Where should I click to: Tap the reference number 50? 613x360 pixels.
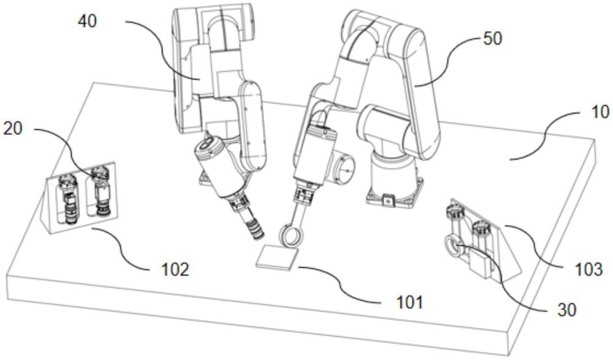point(492,39)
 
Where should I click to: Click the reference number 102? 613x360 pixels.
point(173,268)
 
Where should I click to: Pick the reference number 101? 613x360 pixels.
point(409,301)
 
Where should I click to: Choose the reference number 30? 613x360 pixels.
point(568,310)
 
